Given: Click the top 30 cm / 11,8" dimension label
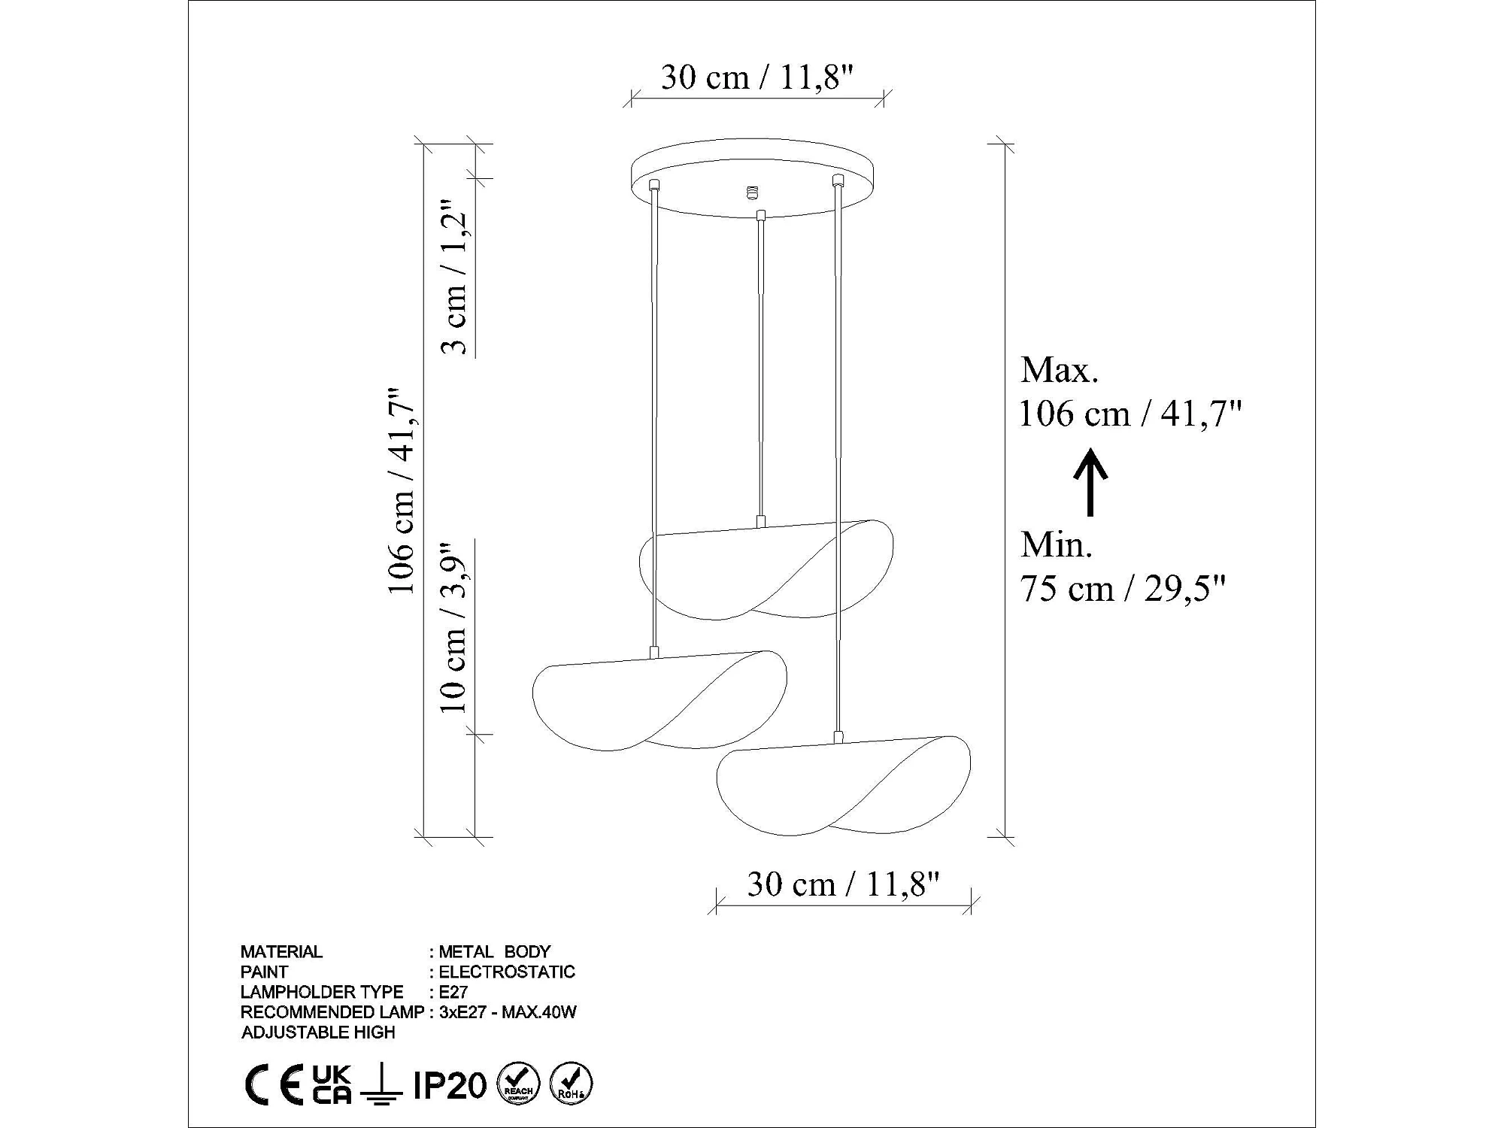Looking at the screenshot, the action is click(x=757, y=77).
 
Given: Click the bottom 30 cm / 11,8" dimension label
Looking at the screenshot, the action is click(x=843, y=884).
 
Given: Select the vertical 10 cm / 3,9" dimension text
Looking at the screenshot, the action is click(x=454, y=627).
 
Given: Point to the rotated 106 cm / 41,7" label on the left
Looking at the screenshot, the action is click(x=400, y=492).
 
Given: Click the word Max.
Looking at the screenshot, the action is click(x=1060, y=370).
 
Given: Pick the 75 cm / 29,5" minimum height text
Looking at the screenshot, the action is click(x=1123, y=588).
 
